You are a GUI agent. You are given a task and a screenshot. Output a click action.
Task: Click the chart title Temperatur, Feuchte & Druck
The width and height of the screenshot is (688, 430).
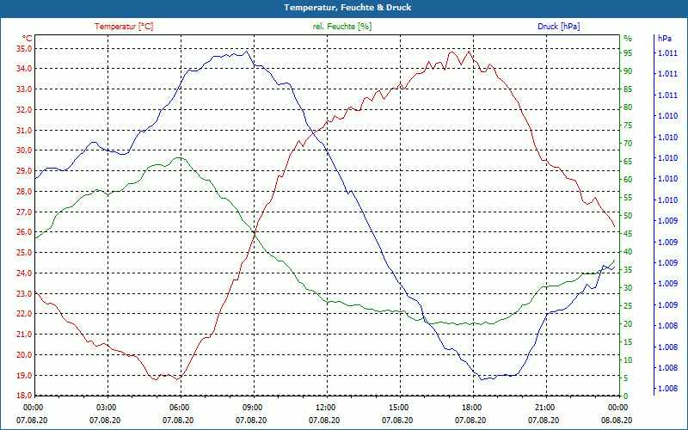pyautogui.click(x=343, y=7)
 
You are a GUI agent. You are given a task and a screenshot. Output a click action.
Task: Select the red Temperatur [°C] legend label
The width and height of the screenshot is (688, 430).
pyautogui.click(x=124, y=27)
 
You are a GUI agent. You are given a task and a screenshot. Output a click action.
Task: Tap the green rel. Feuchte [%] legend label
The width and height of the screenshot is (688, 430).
pyautogui.click(x=342, y=27)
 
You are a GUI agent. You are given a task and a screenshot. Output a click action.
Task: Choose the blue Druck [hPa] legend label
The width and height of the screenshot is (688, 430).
pyautogui.click(x=558, y=27)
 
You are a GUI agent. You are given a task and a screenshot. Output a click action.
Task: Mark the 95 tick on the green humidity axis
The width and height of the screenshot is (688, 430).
pyautogui.click(x=628, y=53)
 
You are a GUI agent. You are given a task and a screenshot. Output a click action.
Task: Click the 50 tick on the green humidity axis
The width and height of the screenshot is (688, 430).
pyautogui.click(x=628, y=216)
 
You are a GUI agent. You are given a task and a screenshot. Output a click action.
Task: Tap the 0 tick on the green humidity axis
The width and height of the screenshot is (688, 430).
pyautogui.click(x=625, y=396)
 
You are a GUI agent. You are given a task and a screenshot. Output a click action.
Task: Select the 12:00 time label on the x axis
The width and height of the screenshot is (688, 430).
pyautogui.click(x=325, y=408)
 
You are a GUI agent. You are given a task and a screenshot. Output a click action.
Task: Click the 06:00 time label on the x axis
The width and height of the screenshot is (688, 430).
pyautogui.click(x=179, y=408)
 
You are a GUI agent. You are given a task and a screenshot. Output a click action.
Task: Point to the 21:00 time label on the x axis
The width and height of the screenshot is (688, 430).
pyautogui.click(x=544, y=408)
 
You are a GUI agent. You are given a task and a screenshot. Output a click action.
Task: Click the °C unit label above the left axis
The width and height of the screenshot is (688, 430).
pyautogui.click(x=28, y=39)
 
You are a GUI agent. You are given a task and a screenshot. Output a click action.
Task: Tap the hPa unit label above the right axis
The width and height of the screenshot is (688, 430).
pyautogui.click(x=665, y=39)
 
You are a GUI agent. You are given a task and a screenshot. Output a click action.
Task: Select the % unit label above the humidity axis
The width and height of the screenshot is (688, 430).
pyautogui.click(x=628, y=39)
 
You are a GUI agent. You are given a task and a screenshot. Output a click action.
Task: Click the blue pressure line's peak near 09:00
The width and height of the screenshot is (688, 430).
pyautogui.click(x=246, y=52)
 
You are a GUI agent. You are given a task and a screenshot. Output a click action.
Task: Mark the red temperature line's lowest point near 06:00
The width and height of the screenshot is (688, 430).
pyautogui.click(x=178, y=379)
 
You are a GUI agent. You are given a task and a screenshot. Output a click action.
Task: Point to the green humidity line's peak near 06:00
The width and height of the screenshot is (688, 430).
pyautogui.click(x=178, y=158)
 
